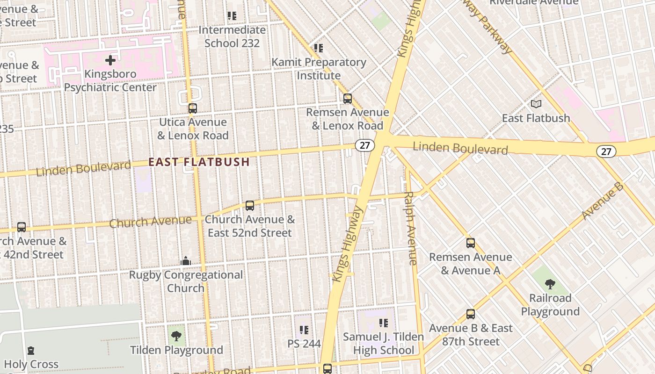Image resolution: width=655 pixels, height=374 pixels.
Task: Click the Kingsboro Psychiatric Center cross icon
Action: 110,60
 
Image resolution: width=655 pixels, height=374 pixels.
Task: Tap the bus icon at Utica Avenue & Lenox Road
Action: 192,108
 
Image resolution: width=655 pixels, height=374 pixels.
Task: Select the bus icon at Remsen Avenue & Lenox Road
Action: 347,99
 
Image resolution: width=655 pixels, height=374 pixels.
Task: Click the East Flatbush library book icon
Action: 536,104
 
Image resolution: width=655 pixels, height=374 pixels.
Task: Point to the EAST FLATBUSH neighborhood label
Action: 199,162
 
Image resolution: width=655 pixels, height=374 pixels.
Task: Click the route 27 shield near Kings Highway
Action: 365,145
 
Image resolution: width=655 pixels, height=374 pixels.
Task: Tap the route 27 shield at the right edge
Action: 606,151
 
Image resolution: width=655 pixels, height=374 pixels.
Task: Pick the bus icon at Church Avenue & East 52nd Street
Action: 250,206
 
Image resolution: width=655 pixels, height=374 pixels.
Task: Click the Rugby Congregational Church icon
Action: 186,261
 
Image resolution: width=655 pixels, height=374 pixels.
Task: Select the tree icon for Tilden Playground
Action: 176,336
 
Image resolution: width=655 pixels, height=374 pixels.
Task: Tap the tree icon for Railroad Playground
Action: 550,284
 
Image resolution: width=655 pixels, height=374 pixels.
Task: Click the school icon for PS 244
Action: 304,330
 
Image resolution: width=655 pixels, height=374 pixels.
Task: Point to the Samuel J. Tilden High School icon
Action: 384,323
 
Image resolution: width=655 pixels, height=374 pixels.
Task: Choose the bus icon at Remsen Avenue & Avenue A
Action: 471,243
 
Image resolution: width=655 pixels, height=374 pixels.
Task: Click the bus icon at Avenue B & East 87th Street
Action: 471,314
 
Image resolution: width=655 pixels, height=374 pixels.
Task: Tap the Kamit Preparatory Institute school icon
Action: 319,48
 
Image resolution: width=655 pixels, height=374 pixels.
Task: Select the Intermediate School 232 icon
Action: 232,16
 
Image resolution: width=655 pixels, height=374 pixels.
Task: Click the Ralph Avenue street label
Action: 410,228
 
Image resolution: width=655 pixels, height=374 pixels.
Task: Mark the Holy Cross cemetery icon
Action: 31,350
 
